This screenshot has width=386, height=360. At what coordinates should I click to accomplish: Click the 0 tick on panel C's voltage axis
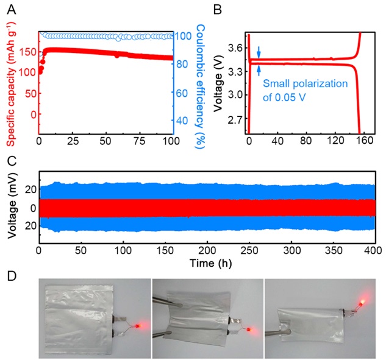(x=27, y=208)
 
